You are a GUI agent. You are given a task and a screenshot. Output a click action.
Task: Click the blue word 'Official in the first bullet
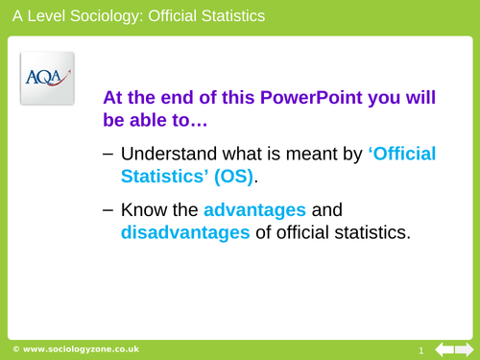pyautogui.click(x=398, y=154)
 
